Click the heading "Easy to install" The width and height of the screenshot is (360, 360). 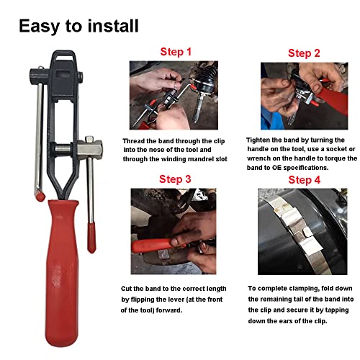click(x=78, y=27)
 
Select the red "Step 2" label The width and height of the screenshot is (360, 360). click(x=305, y=53)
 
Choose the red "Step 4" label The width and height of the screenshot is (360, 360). click(x=305, y=179)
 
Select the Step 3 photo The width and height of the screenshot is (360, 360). click(x=173, y=231)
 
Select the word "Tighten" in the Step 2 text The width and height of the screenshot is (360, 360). click(x=261, y=140)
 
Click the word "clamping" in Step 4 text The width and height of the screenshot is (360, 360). click(x=305, y=287)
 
